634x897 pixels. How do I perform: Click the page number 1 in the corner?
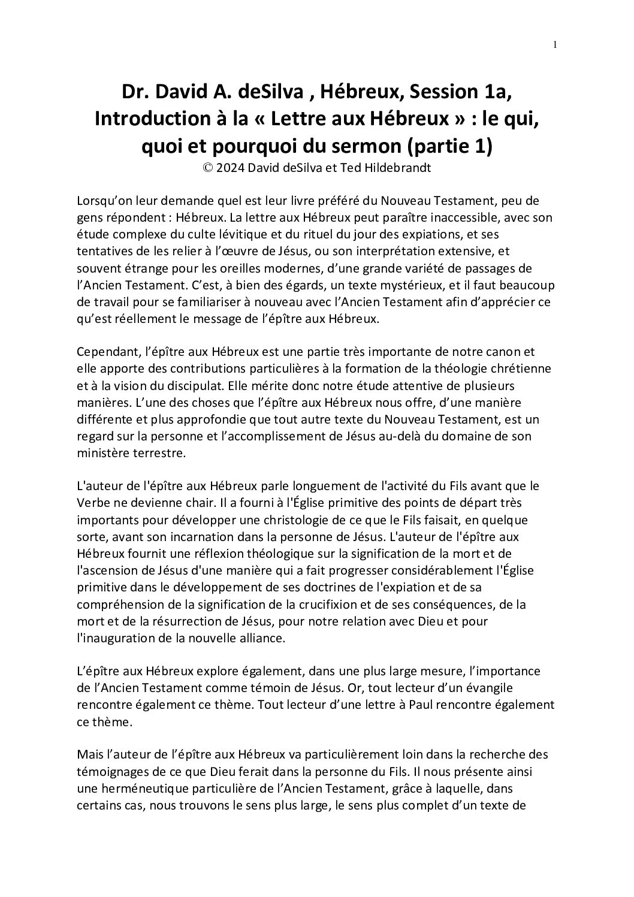pyautogui.click(x=555, y=45)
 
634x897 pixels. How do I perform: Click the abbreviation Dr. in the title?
pyautogui.click(x=135, y=93)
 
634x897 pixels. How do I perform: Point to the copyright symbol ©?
pyautogui.click(x=207, y=168)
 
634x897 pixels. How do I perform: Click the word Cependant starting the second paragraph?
pyautogui.click(x=108, y=352)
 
